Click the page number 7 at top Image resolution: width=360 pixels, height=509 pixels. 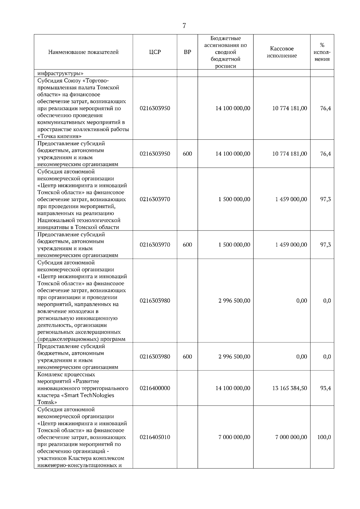pos(184,26)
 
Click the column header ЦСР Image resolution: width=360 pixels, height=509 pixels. pos(155,52)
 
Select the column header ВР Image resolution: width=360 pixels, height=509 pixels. pos(187,52)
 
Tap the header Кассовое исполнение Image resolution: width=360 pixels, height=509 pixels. pos(282,52)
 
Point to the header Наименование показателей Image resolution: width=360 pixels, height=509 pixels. pos(83,52)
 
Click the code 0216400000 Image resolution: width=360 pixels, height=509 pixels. pos(155,388)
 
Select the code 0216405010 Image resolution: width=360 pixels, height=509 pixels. pos(155,437)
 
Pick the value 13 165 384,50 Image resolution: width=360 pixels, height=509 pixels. pos(289,388)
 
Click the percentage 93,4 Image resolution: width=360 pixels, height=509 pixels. pos(325,388)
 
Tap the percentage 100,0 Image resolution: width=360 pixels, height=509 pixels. pos(324,437)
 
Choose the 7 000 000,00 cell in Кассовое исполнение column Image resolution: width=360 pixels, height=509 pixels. pos(291,437)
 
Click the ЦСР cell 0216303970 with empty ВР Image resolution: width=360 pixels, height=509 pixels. pos(155,199)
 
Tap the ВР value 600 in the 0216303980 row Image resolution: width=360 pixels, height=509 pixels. pos(187,357)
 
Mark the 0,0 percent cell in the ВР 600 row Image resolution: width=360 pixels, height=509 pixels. pos(327,357)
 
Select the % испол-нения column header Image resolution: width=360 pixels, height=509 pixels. pos(322,52)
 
